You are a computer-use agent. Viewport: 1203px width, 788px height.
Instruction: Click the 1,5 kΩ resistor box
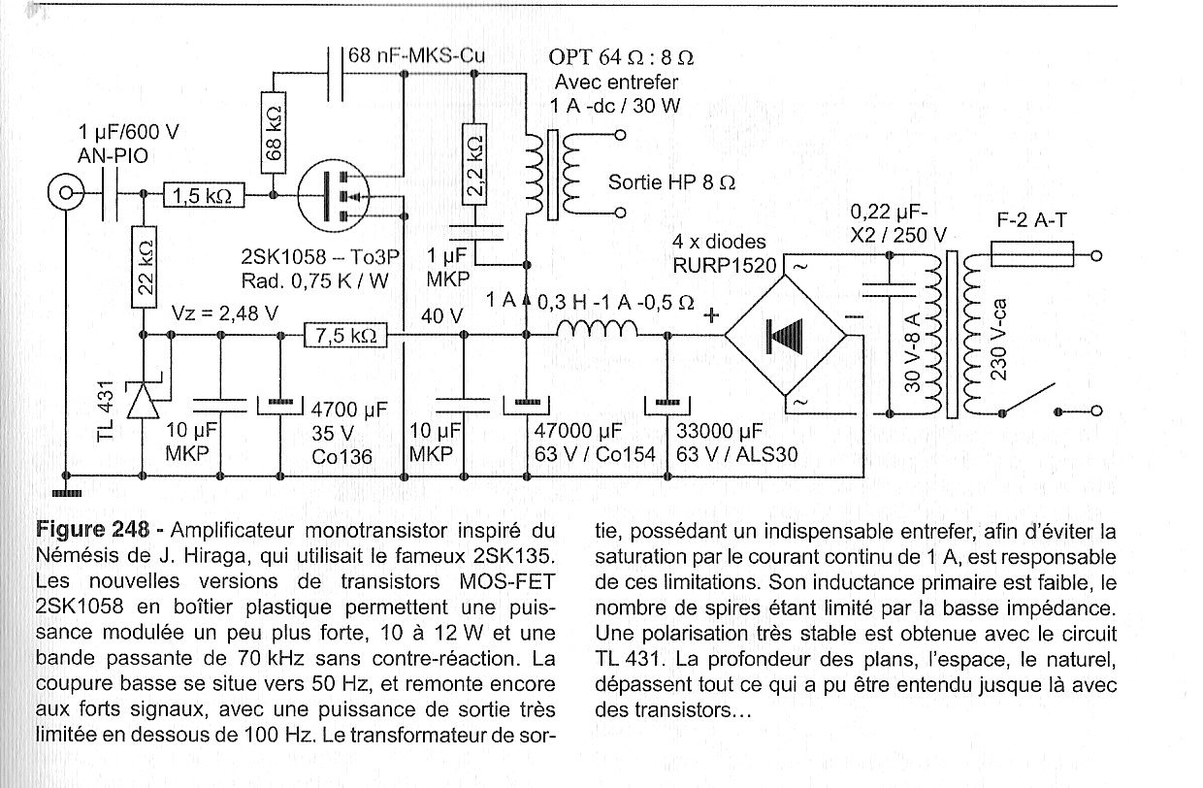point(204,195)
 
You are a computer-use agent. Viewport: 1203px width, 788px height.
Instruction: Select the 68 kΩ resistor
point(274,132)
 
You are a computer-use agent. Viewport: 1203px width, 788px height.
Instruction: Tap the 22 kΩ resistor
point(144,267)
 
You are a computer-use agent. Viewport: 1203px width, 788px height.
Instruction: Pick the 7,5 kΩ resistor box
point(345,335)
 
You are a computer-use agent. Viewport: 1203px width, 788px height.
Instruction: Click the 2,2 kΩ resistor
point(474,164)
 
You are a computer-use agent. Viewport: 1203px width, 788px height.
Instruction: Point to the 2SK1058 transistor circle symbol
point(334,195)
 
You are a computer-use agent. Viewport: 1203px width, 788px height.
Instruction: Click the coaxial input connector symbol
point(66,192)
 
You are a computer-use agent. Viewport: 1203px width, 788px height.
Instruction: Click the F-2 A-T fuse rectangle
point(1032,254)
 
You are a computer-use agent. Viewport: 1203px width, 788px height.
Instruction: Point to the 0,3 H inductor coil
point(597,329)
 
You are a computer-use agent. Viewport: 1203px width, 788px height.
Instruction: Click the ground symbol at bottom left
point(67,493)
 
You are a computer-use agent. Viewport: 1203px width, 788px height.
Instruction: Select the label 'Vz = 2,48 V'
point(225,313)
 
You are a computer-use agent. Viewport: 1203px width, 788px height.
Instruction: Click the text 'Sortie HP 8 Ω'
point(671,183)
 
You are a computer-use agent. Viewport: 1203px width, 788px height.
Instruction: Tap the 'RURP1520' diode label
point(725,265)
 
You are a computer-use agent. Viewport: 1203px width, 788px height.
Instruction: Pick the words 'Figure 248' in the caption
point(92,530)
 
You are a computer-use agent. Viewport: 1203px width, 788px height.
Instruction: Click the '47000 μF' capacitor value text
point(578,430)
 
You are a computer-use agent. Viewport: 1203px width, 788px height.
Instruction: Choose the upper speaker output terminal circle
point(620,135)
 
